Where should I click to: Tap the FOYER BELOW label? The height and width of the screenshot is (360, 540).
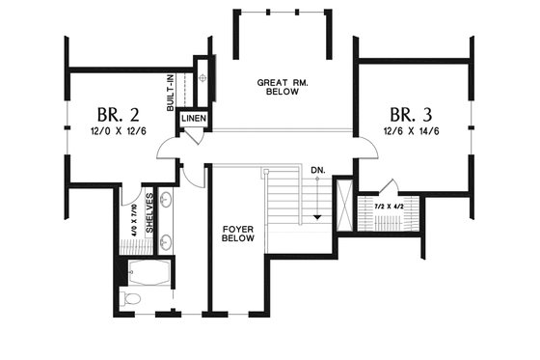pos(237,234)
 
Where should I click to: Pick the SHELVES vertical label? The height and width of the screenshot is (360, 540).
pos(150,212)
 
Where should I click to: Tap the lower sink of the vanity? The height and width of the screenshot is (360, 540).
pos(166,239)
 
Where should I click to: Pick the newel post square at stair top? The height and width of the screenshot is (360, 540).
pos(264,172)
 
